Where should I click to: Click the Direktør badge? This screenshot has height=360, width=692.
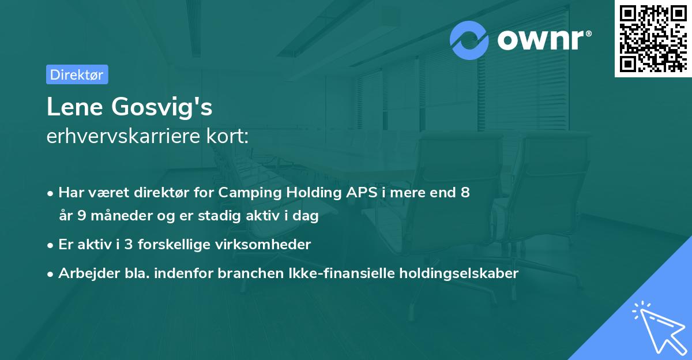[x=77, y=74]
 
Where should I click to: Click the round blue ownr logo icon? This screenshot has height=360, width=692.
[x=469, y=40]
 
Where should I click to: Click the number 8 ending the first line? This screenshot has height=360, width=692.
[x=465, y=193]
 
